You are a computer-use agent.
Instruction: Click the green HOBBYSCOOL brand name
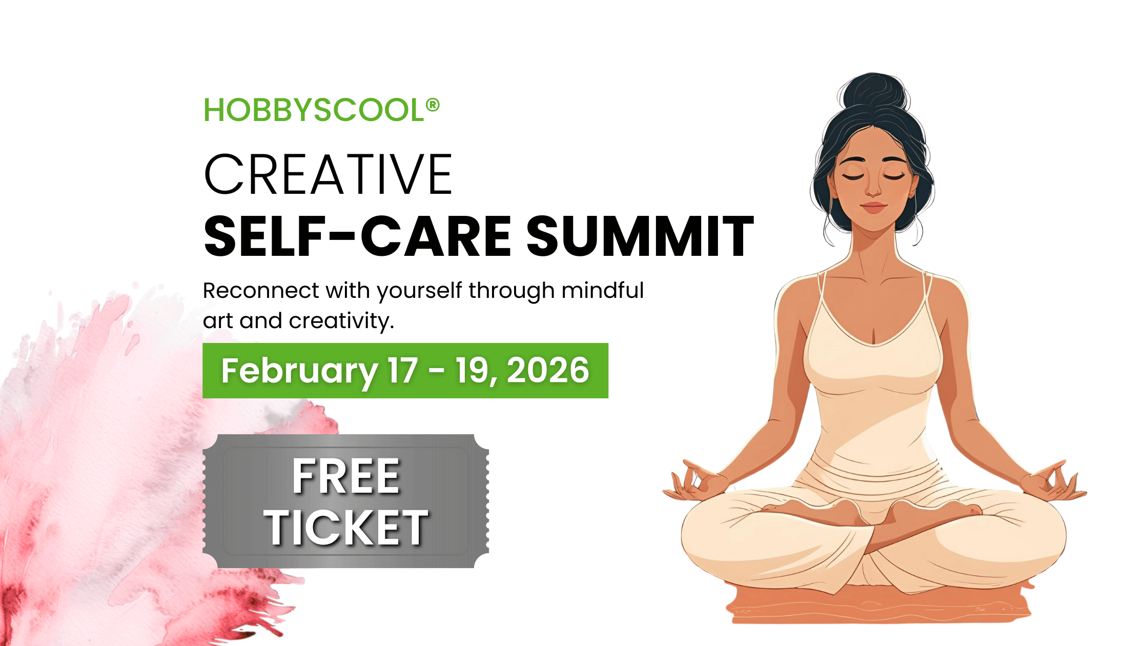[314, 110]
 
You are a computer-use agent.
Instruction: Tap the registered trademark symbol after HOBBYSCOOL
[433, 105]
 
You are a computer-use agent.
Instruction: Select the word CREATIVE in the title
[328, 175]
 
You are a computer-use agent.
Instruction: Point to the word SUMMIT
[640, 236]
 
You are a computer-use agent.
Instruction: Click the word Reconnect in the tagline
[261, 291]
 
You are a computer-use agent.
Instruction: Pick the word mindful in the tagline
[603, 290]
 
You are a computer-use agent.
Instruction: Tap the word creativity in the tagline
[341, 321]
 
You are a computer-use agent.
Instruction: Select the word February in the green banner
[299, 371]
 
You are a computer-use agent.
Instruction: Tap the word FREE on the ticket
[346, 477]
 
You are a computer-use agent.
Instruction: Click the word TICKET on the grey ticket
[346, 528]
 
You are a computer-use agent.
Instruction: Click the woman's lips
[874, 208]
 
